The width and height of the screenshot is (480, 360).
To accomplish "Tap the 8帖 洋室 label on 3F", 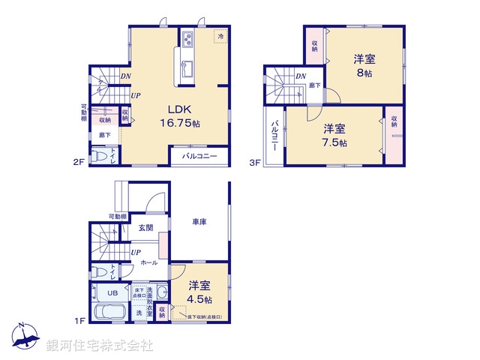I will point(364,66).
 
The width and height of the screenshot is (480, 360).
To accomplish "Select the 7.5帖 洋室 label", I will point(334,136).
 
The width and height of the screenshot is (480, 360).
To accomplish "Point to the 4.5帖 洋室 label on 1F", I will point(199,290).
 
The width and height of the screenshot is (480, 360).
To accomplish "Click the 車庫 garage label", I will point(199,223).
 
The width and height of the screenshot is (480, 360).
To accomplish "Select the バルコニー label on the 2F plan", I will point(199,157).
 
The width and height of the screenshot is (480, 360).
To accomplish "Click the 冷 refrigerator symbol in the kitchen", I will point(221,35).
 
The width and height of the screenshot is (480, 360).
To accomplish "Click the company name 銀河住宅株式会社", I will point(99,346).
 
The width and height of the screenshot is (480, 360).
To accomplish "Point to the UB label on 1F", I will point(113,292).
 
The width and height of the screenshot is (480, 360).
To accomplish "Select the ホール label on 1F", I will point(148,263).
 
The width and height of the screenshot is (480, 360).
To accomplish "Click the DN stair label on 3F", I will point(300,76).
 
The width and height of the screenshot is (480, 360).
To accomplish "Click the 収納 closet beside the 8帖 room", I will point(314,45).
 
